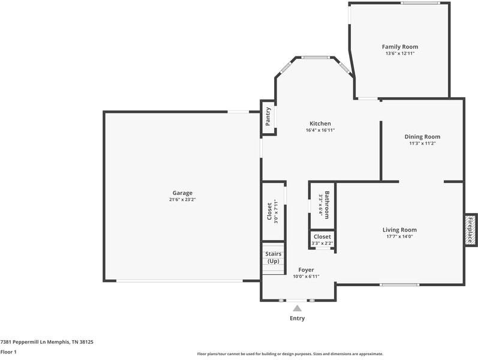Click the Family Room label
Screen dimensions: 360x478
399,47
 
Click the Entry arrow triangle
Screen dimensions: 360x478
297,308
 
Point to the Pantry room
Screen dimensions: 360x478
268,117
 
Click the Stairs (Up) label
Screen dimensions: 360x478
273,257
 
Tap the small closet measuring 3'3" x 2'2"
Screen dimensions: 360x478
321,239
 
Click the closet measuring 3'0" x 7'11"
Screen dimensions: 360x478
273,211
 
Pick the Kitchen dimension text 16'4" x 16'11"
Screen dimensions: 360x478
320,130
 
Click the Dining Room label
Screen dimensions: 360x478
422,137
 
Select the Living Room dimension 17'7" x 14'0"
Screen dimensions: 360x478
399,236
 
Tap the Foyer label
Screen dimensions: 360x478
306,270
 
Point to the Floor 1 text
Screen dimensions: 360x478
8,352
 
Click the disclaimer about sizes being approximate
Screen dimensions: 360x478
290,353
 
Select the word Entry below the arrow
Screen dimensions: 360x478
297,318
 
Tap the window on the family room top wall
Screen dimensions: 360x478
419,3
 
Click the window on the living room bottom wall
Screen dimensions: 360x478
399,284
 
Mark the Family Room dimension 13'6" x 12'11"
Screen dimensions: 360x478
399,53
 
